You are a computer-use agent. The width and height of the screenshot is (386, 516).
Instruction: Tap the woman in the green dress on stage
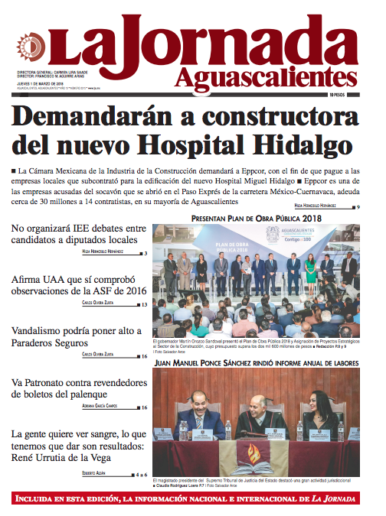pos(310,269)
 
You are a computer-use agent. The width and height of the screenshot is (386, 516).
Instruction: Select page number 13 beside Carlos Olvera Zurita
pos(143,305)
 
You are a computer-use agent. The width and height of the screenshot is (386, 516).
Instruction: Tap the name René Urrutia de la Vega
pos(62,459)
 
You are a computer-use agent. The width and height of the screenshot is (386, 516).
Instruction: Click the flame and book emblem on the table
pos(253,458)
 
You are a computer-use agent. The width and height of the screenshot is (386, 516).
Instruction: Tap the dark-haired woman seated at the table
pos(320,417)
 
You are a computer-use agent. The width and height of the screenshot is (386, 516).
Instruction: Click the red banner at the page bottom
pos(193,499)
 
